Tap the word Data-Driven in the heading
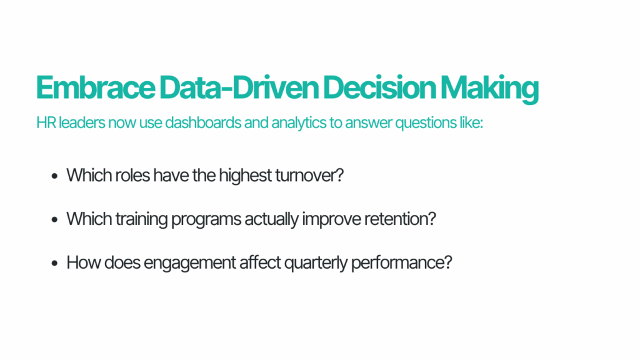pyautogui.click(x=238, y=89)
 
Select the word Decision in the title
pyautogui.click(x=379, y=89)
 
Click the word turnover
pyautogui.click(x=309, y=175)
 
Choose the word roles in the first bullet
pyautogui.click(x=133, y=175)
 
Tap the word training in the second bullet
pyautogui.click(x=132, y=219)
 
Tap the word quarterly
pyautogui.click(x=316, y=262)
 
